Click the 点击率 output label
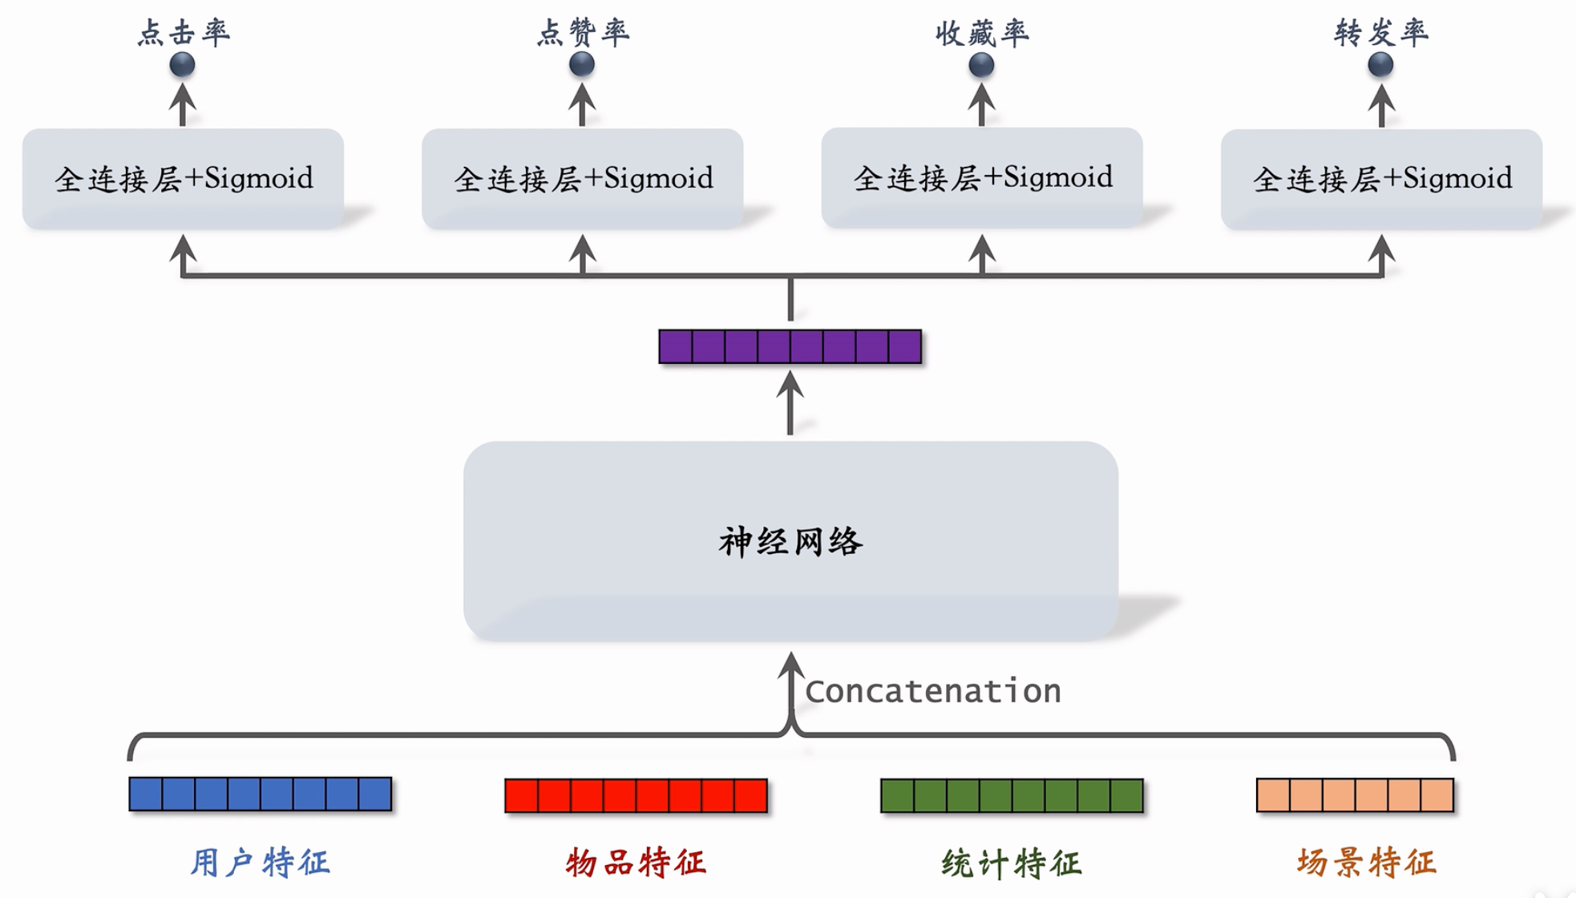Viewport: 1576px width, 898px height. [x=184, y=33]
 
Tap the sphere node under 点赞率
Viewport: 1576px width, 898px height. [x=582, y=64]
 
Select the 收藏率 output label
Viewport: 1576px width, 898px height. [x=982, y=33]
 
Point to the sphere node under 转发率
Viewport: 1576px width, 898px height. [x=1380, y=64]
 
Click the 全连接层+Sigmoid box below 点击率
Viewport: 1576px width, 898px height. [x=184, y=179]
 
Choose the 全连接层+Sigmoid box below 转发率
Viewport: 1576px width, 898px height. [x=1381, y=179]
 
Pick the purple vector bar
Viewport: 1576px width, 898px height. [x=790, y=346]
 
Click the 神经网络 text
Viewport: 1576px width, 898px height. [x=790, y=542]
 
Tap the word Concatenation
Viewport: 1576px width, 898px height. [x=933, y=691]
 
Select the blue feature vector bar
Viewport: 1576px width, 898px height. [x=261, y=794]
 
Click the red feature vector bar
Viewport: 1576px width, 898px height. [x=636, y=795]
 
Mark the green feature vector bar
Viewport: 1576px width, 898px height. [x=1012, y=795]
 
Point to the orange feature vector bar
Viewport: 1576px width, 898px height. [x=1355, y=795]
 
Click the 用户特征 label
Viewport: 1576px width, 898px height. [x=261, y=863]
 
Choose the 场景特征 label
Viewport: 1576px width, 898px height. [x=1367, y=863]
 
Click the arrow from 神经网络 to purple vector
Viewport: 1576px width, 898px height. [x=790, y=405]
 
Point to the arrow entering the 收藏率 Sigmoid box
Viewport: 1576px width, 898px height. [x=982, y=254]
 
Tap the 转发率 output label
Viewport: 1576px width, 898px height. [x=1381, y=33]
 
